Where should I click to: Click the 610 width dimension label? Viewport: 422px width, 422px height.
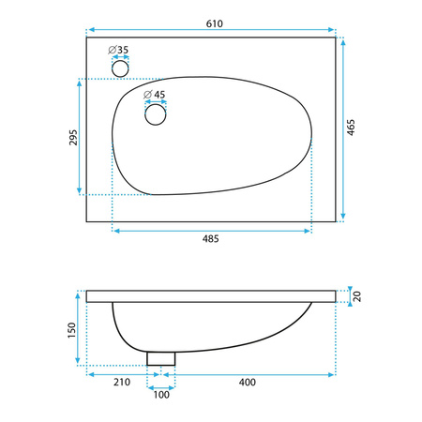click(x=215, y=23)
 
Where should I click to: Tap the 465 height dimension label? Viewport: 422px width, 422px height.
click(x=351, y=128)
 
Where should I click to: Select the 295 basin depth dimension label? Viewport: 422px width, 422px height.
click(x=73, y=137)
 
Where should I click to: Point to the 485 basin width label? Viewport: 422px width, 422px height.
click(x=211, y=239)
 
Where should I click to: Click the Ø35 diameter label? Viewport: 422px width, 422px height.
click(x=118, y=50)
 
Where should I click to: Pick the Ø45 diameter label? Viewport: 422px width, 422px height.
click(x=154, y=95)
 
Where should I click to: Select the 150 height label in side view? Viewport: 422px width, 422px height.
click(x=72, y=330)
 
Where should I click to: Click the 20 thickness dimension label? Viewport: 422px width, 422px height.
click(x=356, y=296)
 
